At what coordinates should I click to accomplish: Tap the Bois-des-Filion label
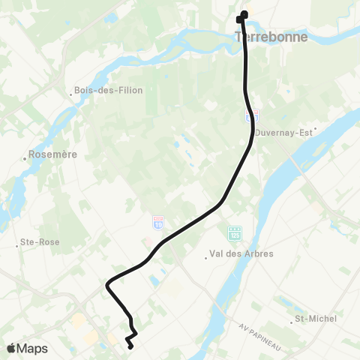tap(111, 91)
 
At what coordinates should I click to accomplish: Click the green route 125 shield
tap(235, 232)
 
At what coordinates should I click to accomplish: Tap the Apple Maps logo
tap(26, 348)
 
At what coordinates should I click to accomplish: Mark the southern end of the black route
tap(130, 346)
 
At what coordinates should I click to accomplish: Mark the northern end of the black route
tap(243, 13)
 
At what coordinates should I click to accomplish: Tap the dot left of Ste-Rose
tap(17, 244)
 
